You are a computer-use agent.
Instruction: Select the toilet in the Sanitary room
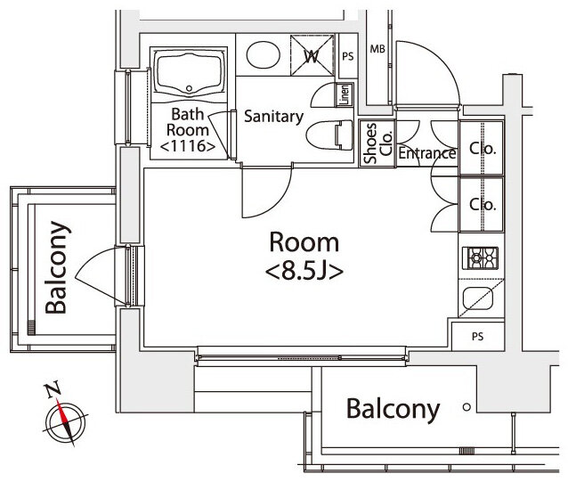[x=329, y=135]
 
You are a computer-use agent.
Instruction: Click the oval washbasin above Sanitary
[x=264, y=54]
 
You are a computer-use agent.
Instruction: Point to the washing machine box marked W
[x=312, y=55]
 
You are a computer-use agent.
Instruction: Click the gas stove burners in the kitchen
[x=480, y=258]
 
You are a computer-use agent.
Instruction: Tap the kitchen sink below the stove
[x=478, y=298]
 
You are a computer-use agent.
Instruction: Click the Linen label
[x=345, y=94]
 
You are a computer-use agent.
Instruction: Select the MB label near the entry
[x=377, y=49]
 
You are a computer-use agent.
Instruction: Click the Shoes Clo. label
[x=378, y=143]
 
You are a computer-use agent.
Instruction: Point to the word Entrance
[x=427, y=153]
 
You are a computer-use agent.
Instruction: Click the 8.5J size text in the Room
[x=304, y=272]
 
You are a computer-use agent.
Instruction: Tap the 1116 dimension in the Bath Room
[x=188, y=146]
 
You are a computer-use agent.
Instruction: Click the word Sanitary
[x=274, y=117]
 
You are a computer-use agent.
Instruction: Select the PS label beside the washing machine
[x=348, y=56]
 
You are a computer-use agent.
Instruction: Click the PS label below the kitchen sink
[x=478, y=337]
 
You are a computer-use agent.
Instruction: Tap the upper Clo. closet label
[x=483, y=148]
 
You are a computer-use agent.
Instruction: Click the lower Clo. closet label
[x=483, y=204]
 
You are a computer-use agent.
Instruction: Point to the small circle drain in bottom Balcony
[x=467, y=407]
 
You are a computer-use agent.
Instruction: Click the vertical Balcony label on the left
[x=56, y=267]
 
